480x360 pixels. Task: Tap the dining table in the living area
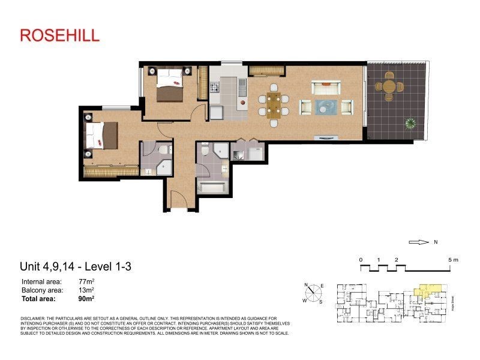(274, 106)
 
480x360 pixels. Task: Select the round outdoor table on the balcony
(389, 88)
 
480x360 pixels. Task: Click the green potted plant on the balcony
(411, 124)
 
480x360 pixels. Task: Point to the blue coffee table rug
(326, 107)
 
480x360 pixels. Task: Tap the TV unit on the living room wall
(327, 137)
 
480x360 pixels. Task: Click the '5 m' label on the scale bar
(452, 260)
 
